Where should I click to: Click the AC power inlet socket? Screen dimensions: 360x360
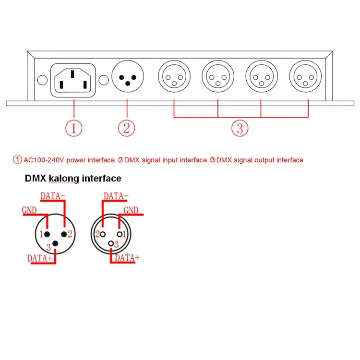pyautogui.click(x=73, y=80)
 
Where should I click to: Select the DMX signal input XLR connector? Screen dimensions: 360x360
pyautogui.click(x=127, y=76)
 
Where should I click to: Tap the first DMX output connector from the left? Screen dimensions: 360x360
pyautogui.click(x=174, y=76)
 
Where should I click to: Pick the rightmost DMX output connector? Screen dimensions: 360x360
pyautogui.click(x=305, y=76)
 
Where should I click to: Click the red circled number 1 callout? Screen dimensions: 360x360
pyautogui.click(x=73, y=128)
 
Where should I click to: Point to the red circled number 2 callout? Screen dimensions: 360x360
pyautogui.click(x=127, y=128)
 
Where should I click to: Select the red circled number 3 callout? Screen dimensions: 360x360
pyautogui.click(x=240, y=128)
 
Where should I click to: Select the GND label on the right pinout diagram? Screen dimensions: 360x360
pyautogui.click(x=131, y=210)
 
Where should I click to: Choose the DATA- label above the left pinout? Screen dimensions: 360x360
pyautogui.click(x=53, y=196)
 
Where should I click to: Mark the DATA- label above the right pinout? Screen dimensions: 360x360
pyautogui.click(x=116, y=196)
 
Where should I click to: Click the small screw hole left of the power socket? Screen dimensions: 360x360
pyautogui.click(x=42, y=80)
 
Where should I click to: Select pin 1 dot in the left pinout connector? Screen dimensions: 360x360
pyautogui.click(x=48, y=234)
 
